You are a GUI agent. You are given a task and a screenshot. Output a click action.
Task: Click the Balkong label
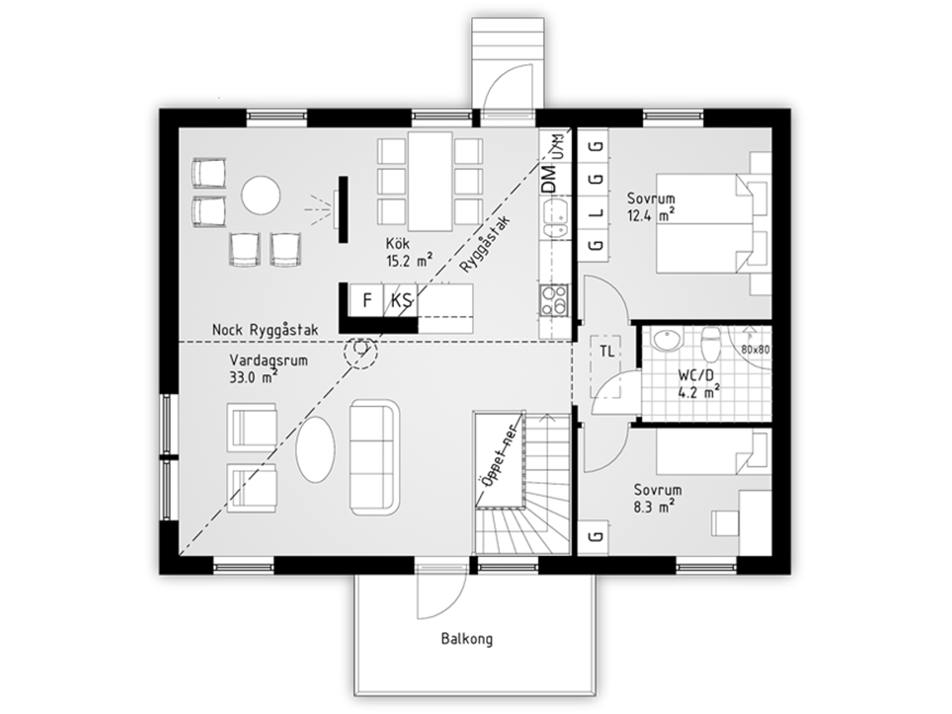(x=467, y=639)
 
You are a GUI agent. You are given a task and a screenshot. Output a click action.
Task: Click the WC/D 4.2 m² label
(x=698, y=383)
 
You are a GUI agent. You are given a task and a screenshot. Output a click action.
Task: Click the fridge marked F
(x=366, y=300)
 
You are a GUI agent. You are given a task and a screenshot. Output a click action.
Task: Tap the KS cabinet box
(x=401, y=300)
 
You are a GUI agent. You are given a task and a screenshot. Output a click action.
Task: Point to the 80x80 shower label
(x=756, y=350)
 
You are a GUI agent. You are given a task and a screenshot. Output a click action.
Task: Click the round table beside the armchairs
(x=261, y=195)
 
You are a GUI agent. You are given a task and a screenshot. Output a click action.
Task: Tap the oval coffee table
(x=316, y=449)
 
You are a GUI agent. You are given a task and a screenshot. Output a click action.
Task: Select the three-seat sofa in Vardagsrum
(x=374, y=457)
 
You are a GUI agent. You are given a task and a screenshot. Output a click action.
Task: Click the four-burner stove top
(x=554, y=301)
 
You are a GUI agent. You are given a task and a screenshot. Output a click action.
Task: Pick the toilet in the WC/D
(x=711, y=344)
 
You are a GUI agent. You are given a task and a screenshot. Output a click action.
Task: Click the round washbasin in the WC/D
(x=667, y=339)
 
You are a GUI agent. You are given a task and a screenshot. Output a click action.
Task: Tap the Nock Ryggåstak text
(x=265, y=330)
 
